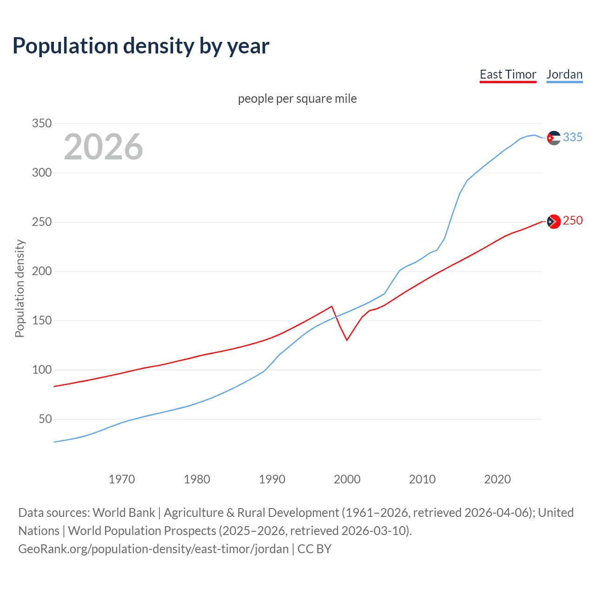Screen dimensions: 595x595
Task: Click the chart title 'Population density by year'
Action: pyautogui.click(x=141, y=46)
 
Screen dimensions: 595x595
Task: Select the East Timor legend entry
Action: pyautogui.click(x=508, y=74)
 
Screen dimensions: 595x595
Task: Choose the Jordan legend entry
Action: pyautogui.click(x=564, y=74)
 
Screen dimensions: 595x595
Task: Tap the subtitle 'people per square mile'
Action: pyautogui.click(x=297, y=99)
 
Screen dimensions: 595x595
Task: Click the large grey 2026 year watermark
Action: pyautogui.click(x=103, y=146)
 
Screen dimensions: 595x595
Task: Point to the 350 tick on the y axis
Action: pyautogui.click(x=41, y=124)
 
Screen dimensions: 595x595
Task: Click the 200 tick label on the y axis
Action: pyautogui.click(x=41, y=271)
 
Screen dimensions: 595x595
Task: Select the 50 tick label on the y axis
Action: pyautogui.click(x=45, y=419)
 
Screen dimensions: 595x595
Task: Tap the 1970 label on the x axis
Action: pyautogui.click(x=122, y=479)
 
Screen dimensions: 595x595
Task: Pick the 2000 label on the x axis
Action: pyautogui.click(x=347, y=479)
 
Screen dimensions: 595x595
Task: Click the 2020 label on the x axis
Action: pyautogui.click(x=497, y=479)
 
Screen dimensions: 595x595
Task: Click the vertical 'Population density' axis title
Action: pyautogui.click(x=20, y=288)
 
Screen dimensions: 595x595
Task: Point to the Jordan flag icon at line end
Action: pyautogui.click(x=554, y=138)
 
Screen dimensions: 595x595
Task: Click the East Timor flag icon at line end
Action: pyautogui.click(x=554, y=222)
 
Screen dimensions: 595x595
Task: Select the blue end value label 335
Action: pyautogui.click(x=573, y=137)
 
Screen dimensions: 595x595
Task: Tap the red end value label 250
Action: pyautogui.click(x=573, y=220)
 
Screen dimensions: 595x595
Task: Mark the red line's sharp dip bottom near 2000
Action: pyautogui.click(x=347, y=340)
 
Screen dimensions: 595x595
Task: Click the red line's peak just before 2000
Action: pyautogui.click(x=331, y=306)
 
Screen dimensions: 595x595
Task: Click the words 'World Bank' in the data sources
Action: pyautogui.click(x=124, y=512)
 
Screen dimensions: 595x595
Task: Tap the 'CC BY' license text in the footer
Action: pyautogui.click(x=314, y=549)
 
